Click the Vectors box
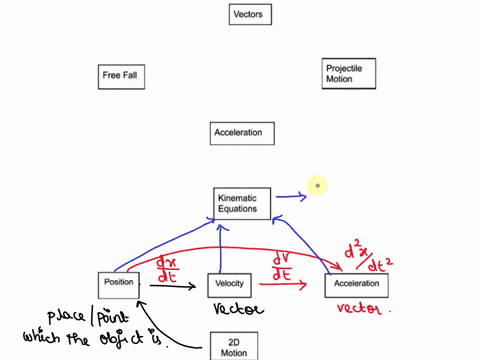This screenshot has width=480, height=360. pyautogui.click(x=247, y=15)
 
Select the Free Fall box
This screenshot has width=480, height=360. pyautogui.click(x=125, y=75)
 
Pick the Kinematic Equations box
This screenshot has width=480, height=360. pyautogui.click(x=242, y=204)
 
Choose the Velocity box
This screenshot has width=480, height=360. pyautogui.click(x=229, y=286)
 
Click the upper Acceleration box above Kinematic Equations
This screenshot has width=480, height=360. pyautogui.click(x=243, y=133)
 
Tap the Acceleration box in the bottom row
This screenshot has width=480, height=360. pyautogui.click(x=357, y=286)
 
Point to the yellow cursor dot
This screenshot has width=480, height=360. pyautogui.click(x=317, y=185)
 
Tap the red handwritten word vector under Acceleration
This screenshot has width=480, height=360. pyautogui.click(x=358, y=310)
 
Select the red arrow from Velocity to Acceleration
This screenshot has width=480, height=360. pyautogui.click(x=286, y=285)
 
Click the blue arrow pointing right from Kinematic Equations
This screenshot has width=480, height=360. pyautogui.click(x=291, y=197)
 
